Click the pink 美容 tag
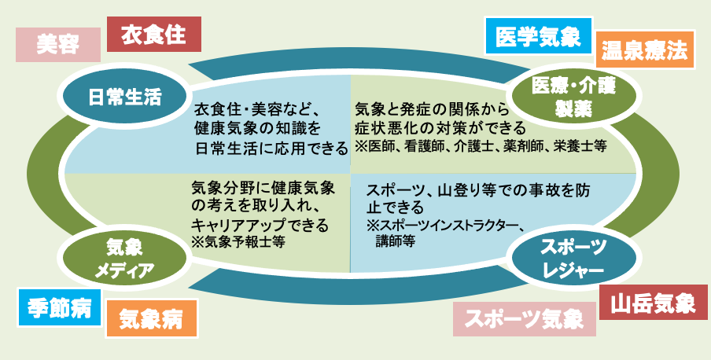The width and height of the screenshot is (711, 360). (x=58, y=45)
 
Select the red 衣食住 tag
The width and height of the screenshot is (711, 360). (x=153, y=34)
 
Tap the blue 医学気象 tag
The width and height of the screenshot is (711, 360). (x=538, y=36)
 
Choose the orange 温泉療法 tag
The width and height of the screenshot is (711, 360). (x=644, y=50)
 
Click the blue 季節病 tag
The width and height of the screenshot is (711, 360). (x=60, y=307)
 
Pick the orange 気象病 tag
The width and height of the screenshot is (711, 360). (x=151, y=319)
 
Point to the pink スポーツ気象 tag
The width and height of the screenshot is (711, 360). (x=524, y=319)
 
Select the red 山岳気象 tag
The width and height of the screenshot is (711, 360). (x=653, y=303)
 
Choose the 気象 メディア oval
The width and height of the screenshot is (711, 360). (x=124, y=259)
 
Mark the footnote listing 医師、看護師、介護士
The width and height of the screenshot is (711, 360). (x=481, y=147)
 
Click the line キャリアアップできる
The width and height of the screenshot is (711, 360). (x=260, y=225)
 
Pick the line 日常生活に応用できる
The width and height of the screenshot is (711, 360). (x=271, y=149)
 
